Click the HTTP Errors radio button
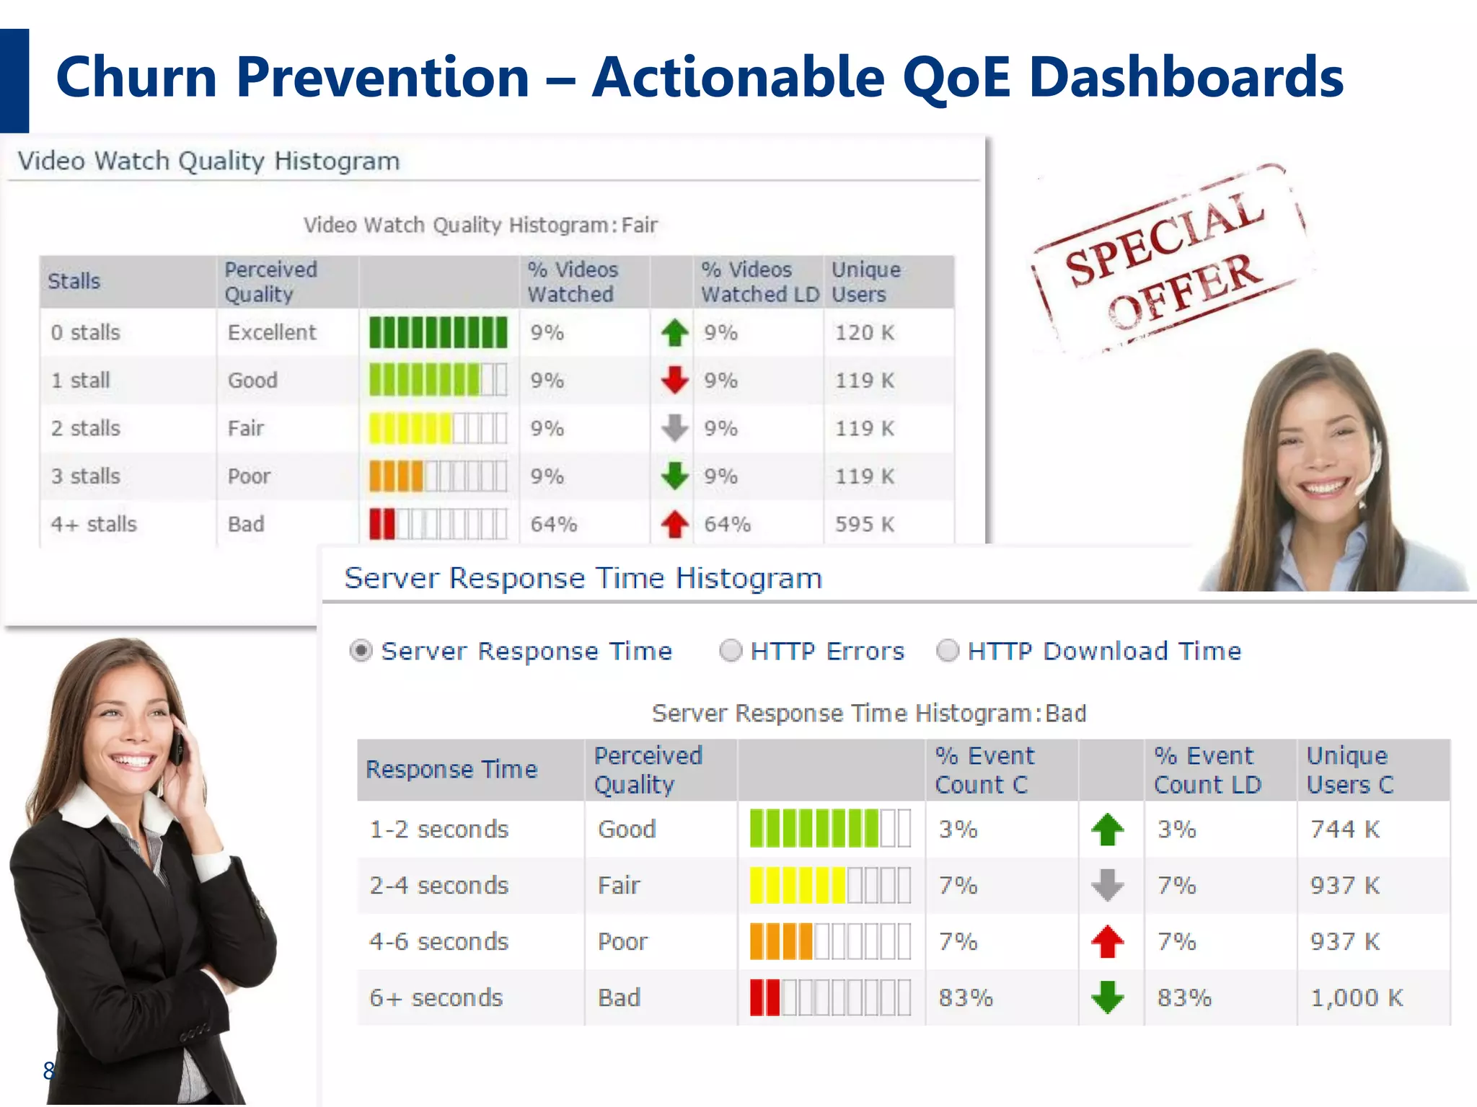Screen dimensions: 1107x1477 coord(731,651)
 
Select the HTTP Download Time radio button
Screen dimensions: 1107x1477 coord(947,651)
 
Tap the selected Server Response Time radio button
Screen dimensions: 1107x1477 coord(361,651)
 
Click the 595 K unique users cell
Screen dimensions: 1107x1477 coord(865,524)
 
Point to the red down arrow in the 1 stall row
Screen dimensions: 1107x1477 coord(675,380)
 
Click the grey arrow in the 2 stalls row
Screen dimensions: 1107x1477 coord(675,427)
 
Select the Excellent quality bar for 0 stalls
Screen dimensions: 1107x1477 coord(438,332)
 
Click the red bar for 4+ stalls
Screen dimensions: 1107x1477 coord(382,524)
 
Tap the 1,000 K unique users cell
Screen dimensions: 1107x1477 coord(1356,997)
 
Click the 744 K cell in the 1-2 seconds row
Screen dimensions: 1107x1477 coord(1345,829)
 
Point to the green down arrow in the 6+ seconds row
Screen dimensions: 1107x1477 coord(1108,997)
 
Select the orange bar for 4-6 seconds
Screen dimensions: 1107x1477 coord(781,941)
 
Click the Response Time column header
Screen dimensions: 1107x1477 coord(451,769)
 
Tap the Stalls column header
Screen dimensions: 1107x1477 coord(74,281)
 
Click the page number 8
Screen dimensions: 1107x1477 coord(48,1070)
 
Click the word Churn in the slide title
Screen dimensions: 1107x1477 coord(136,77)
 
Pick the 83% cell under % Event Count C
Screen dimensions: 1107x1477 coord(965,997)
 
